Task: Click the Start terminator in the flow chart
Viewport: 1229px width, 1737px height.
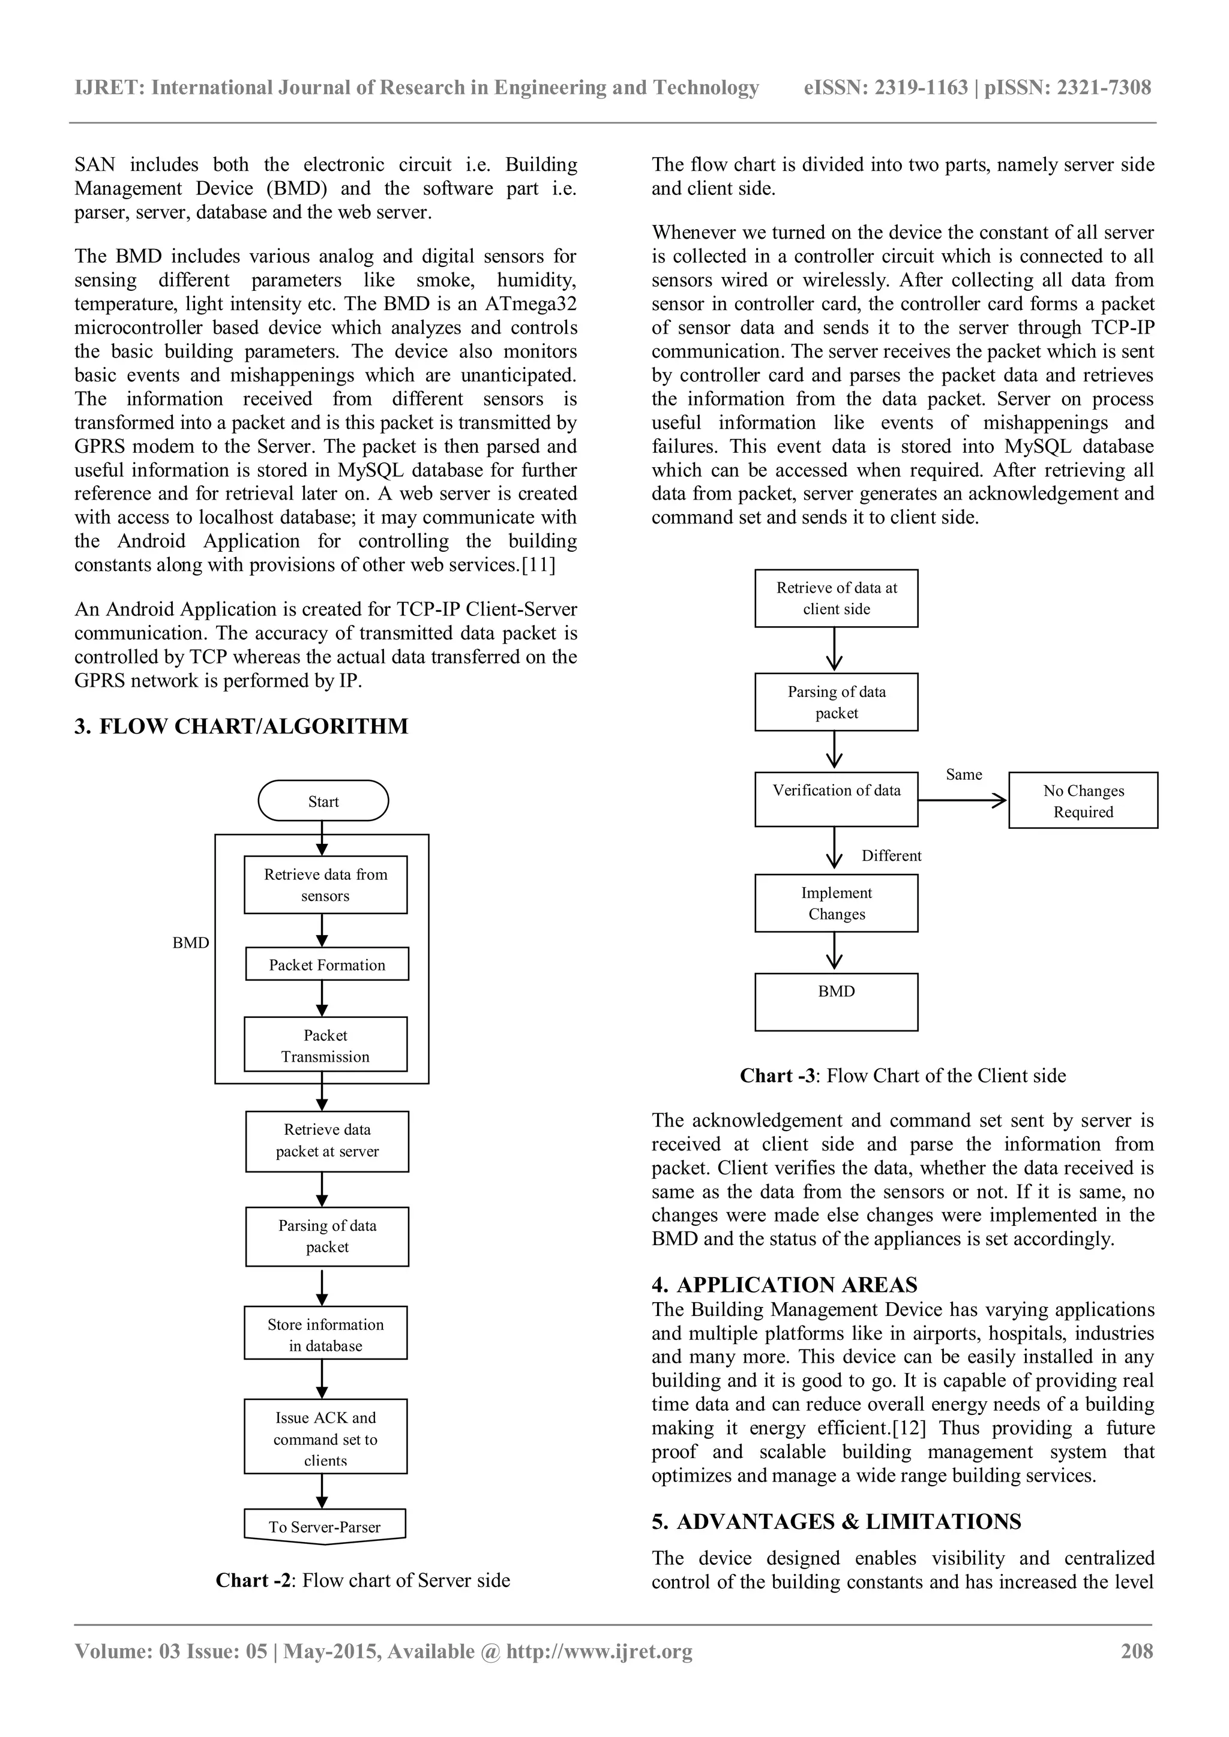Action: click(x=323, y=801)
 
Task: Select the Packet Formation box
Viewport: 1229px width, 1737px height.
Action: click(x=327, y=964)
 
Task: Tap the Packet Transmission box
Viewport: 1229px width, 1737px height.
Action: click(x=325, y=1045)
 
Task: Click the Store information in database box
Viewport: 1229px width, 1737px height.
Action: click(x=325, y=1335)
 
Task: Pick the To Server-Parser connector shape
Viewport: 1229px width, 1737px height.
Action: click(x=325, y=1526)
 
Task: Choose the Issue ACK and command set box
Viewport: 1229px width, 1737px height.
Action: click(x=325, y=1438)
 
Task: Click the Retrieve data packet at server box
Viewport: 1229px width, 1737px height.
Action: click(x=327, y=1140)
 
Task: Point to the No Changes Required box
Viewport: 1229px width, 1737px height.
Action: click(x=1083, y=800)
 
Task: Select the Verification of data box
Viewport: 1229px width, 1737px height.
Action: click(x=836, y=799)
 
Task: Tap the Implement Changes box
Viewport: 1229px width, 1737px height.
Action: click(x=836, y=903)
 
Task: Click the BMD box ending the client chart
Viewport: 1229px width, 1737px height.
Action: click(x=836, y=1002)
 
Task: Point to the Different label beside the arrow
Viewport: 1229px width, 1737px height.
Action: click(x=892, y=856)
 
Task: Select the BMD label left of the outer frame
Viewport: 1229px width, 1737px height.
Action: click(x=191, y=943)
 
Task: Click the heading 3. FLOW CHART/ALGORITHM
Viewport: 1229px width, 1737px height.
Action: click(x=241, y=726)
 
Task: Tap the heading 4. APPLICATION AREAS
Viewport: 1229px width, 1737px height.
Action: click(x=785, y=1285)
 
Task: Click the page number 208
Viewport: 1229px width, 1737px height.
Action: click(x=1137, y=1651)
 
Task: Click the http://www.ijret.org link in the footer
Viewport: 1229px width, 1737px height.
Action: click(x=599, y=1651)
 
